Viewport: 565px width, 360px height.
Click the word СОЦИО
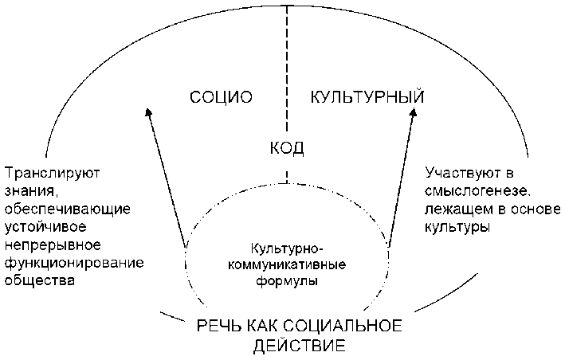click(x=222, y=98)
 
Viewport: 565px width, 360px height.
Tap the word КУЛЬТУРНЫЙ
click(x=366, y=98)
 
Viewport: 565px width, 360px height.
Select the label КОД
click(x=286, y=148)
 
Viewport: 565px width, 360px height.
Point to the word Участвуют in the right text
click(x=460, y=172)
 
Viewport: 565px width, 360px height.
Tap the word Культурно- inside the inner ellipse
click(x=285, y=250)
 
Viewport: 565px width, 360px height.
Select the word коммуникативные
click(x=285, y=265)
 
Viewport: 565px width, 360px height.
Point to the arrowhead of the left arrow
click(x=147, y=112)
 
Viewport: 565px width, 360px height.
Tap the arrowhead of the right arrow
click(x=413, y=112)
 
